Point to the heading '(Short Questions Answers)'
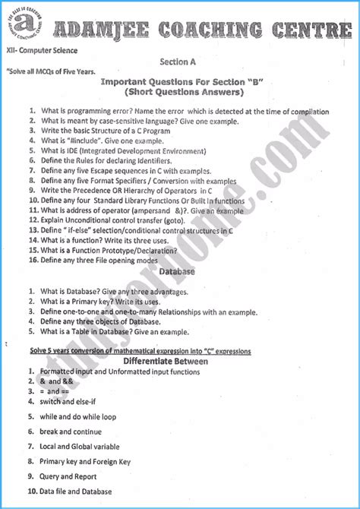[x=180, y=93]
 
